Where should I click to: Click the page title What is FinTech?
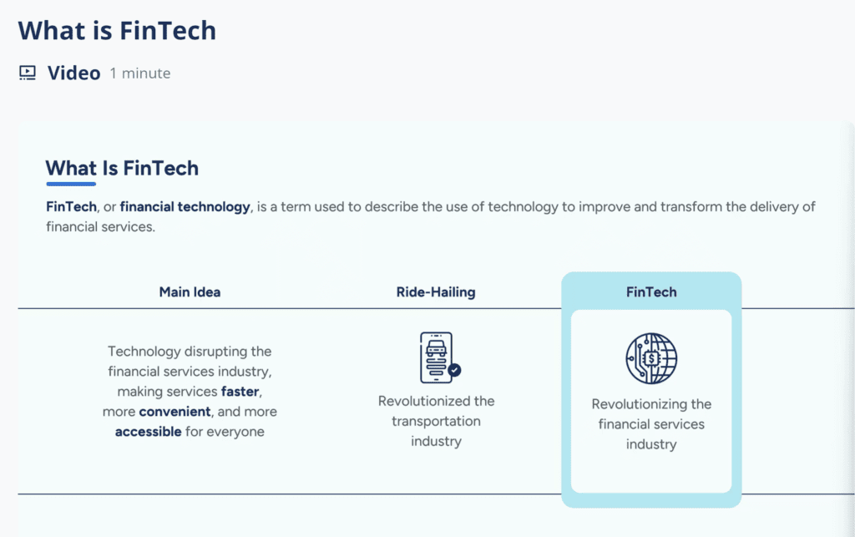(117, 31)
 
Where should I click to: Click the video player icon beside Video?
(28, 73)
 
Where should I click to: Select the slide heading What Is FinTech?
(122, 168)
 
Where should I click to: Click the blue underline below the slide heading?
(71, 184)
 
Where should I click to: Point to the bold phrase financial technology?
(191, 206)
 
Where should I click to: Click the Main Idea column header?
(190, 292)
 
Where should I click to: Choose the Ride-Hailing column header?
(436, 292)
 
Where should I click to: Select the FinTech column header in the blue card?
(651, 292)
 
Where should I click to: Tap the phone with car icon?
(436, 357)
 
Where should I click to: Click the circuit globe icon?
(651, 358)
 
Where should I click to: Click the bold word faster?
(240, 391)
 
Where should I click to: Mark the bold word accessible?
(148, 432)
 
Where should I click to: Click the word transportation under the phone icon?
(436, 421)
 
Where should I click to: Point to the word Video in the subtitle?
(74, 73)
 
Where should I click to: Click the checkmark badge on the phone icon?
(454, 369)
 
